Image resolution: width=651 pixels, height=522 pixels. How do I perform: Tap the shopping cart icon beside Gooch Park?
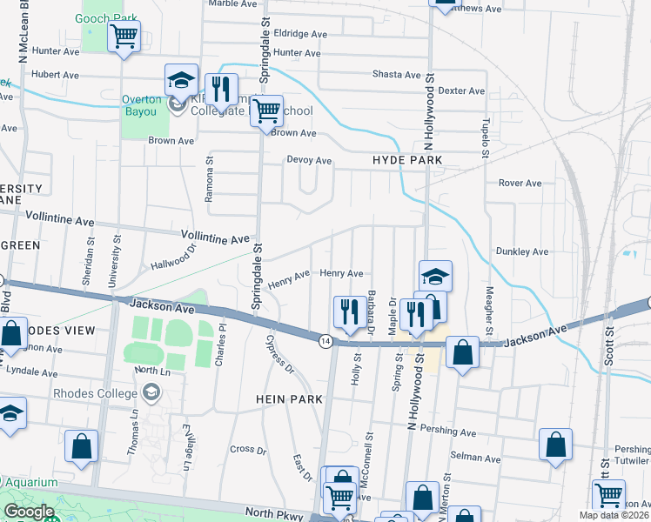click(x=124, y=37)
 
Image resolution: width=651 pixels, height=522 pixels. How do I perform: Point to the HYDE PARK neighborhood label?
click(x=407, y=161)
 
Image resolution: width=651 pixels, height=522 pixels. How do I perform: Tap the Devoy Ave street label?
click(x=310, y=161)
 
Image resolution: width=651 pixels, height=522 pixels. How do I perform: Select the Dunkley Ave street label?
click(x=522, y=251)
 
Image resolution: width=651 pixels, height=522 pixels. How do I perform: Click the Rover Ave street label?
click(x=520, y=184)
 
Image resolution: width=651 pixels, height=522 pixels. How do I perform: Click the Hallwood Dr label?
click(x=175, y=257)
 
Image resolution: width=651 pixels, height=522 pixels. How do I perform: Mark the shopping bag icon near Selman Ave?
click(x=555, y=445)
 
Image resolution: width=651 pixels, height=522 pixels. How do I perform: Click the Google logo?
click(x=29, y=512)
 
